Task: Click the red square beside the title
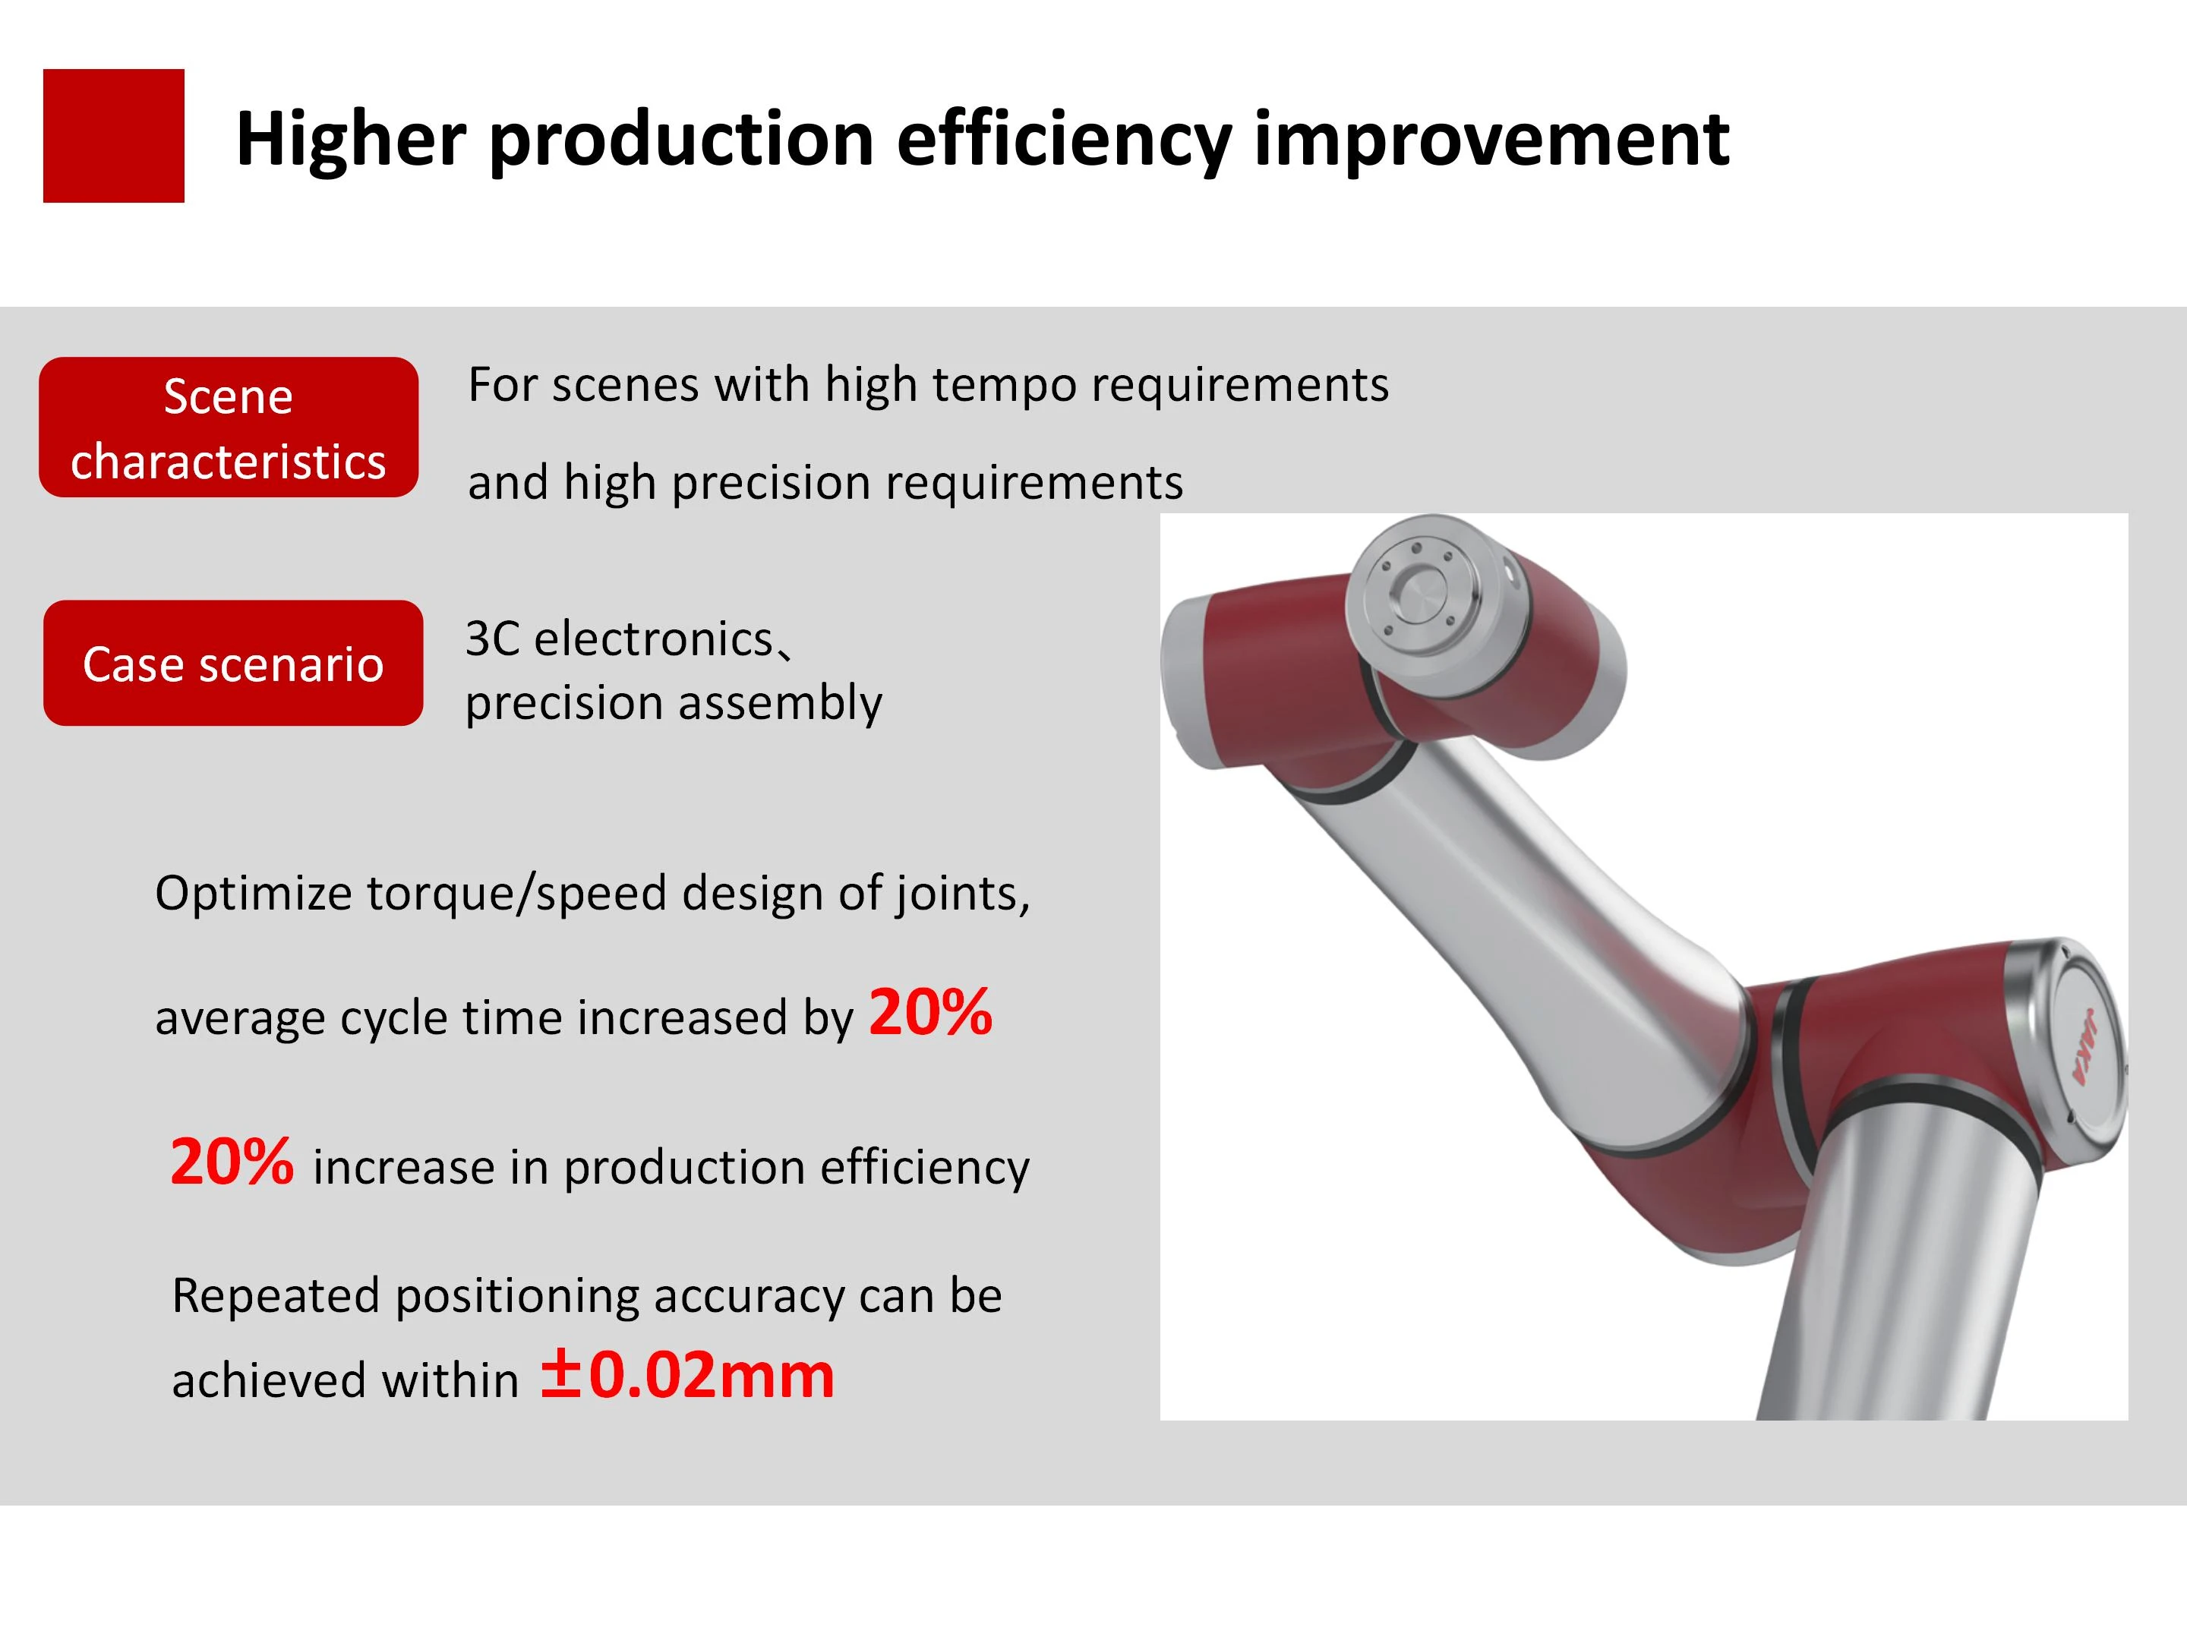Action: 114,135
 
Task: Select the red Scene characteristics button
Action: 229,427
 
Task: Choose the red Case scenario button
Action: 233,664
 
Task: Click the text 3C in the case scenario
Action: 492,639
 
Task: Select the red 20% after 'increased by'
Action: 930,1014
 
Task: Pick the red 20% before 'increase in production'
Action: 232,1162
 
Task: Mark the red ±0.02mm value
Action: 687,1375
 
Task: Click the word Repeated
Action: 276,1297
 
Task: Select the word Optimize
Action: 254,894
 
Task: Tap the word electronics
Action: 654,639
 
